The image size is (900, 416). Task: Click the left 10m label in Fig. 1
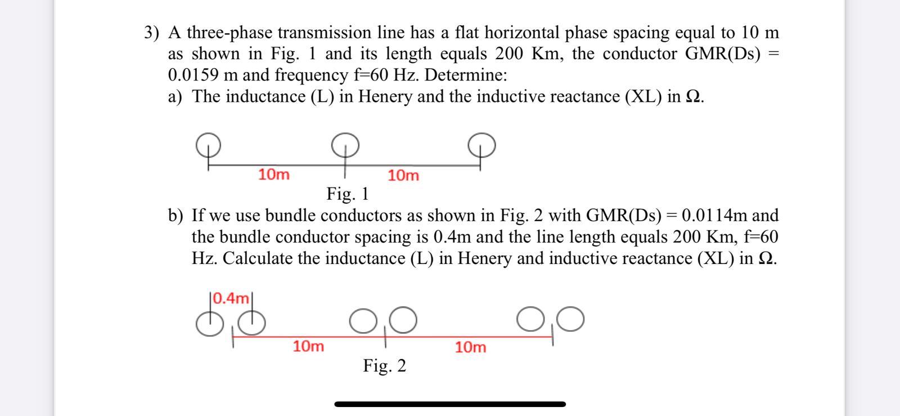274,175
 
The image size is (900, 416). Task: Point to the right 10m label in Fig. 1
403,176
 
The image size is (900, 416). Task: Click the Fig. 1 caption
348,194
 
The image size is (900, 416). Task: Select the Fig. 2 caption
384,366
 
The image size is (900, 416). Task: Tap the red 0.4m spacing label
231,297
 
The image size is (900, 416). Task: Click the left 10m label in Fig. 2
308,346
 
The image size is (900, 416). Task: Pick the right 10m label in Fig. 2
470,347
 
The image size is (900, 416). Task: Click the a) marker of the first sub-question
175,97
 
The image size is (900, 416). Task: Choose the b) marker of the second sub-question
175,216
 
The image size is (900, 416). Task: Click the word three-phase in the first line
229,33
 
